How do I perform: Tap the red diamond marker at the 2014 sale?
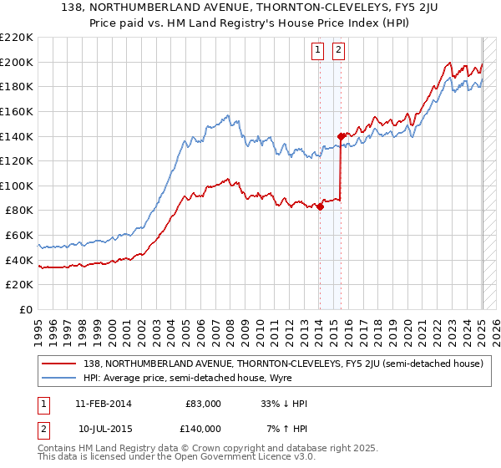point(320,207)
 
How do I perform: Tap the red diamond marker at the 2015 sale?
point(341,136)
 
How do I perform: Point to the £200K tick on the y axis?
point(17,62)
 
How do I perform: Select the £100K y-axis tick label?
point(17,186)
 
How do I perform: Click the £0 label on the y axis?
point(26,309)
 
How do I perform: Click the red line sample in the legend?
point(59,364)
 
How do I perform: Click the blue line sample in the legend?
point(59,378)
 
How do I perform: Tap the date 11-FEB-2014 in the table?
point(103,404)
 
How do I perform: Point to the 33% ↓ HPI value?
point(284,404)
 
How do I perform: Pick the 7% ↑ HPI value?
point(285,428)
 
